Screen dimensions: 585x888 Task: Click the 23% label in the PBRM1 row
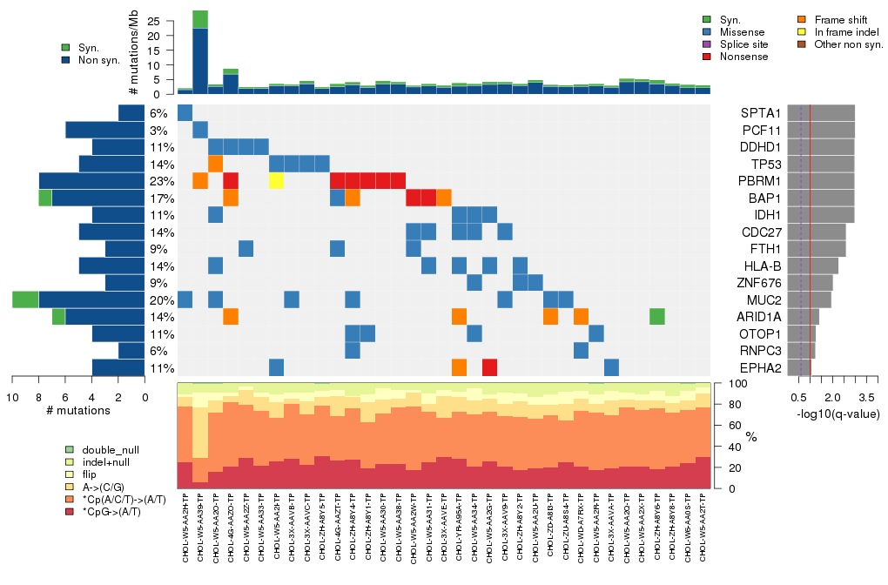point(158,181)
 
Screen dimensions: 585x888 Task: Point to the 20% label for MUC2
point(158,299)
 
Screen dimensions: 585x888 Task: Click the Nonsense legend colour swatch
point(706,57)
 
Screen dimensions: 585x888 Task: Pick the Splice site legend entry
point(706,44)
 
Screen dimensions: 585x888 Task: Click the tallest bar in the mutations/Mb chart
point(200,52)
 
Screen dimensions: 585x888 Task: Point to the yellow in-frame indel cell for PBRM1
point(276,181)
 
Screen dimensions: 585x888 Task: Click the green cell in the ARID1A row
point(657,316)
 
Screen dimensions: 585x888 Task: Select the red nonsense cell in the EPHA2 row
point(489,367)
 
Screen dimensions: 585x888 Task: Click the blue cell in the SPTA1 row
point(185,113)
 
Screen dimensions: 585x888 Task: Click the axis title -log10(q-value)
point(837,414)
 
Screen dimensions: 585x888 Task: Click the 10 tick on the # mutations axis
point(12,396)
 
